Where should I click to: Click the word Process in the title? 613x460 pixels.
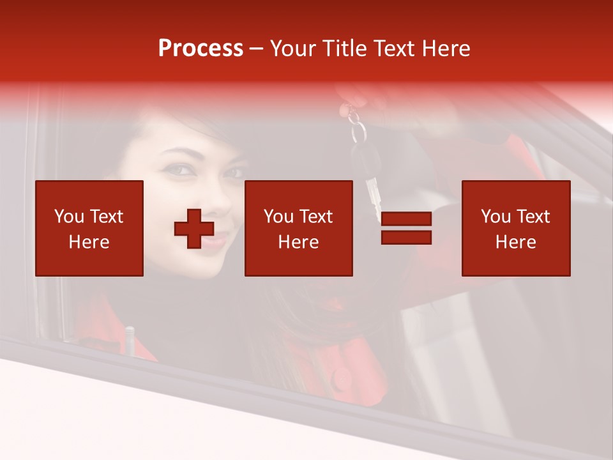click(201, 49)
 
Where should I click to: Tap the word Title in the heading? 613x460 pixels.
click(345, 49)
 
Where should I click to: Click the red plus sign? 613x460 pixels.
click(194, 229)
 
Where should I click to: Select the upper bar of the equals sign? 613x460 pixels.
click(406, 220)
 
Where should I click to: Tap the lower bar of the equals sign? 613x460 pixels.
click(406, 238)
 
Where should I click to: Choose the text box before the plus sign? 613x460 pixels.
click(89, 228)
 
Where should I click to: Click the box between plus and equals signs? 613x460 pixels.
click(299, 228)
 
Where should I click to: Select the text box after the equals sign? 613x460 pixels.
click(516, 228)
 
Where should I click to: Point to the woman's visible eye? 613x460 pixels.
click(180, 170)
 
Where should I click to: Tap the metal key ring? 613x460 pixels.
click(358, 131)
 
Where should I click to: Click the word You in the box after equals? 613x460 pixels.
click(496, 217)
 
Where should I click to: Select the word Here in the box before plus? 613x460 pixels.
click(89, 242)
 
